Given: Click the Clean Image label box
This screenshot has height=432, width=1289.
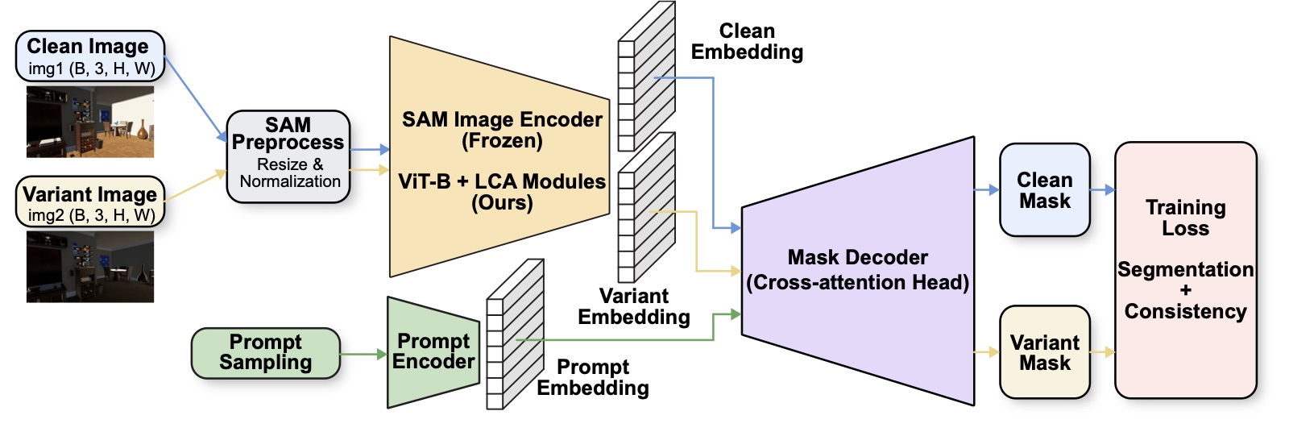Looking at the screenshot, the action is (x=90, y=56).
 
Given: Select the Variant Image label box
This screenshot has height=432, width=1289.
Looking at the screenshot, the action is (x=90, y=202).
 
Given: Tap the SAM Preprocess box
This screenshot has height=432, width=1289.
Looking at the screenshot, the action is (x=288, y=156).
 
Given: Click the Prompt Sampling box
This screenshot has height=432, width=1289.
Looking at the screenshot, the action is (x=266, y=353).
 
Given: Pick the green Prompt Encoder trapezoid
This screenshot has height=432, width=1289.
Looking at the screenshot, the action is (x=433, y=352).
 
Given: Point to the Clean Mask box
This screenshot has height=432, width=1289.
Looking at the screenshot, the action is (x=1045, y=190).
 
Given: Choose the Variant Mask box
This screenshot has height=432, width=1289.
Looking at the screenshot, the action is (x=1045, y=352).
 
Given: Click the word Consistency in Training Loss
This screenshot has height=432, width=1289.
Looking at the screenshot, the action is (x=1185, y=312).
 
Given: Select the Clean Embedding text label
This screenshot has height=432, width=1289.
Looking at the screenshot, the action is (x=747, y=41).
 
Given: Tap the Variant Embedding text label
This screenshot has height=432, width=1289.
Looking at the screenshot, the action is (x=634, y=306).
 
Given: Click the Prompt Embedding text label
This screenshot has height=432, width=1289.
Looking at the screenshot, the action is (x=593, y=377).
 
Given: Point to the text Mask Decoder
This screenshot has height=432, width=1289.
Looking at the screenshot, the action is (x=857, y=257).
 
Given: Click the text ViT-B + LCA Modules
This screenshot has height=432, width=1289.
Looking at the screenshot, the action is (x=502, y=181).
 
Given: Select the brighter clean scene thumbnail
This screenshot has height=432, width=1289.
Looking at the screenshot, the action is (x=90, y=122).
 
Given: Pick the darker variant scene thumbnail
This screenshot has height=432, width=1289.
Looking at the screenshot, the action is (x=90, y=267).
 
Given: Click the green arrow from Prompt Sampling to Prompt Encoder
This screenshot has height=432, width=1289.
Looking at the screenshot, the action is (x=363, y=354).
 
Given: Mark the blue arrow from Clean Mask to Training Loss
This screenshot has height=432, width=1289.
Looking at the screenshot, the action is (x=1103, y=189).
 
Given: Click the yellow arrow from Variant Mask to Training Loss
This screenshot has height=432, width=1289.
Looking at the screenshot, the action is (x=1103, y=351).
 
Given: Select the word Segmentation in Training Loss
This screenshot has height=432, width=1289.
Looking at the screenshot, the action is (x=1185, y=269).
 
